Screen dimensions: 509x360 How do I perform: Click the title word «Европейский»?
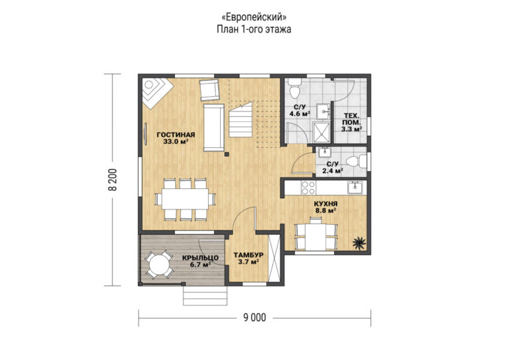pyautogui.click(x=254, y=17)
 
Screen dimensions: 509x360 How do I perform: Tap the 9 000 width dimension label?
pyautogui.click(x=254, y=318)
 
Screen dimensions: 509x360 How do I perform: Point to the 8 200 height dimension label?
pyautogui.click(x=113, y=180)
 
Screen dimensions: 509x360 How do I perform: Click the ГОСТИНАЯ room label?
pyautogui.click(x=176, y=135)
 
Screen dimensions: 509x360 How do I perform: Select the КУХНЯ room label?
pyautogui.click(x=325, y=204)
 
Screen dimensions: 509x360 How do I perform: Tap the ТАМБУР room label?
pyautogui.click(x=249, y=255)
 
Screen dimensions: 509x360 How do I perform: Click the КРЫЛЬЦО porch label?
pyautogui.click(x=200, y=258)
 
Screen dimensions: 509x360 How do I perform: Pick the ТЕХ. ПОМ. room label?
pyautogui.click(x=351, y=119)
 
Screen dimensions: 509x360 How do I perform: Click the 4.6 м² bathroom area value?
pyautogui.click(x=300, y=114)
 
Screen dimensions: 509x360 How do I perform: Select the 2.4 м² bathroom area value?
pyautogui.click(x=333, y=171)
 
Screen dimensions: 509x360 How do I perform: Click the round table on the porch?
pyautogui.click(x=159, y=265)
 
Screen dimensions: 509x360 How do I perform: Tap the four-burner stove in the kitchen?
pyautogui.click(x=308, y=188)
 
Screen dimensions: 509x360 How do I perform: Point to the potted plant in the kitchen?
pyautogui.click(x=359, y=242)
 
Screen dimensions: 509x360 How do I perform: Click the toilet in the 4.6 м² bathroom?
pyautogui.click(x=295, y=88)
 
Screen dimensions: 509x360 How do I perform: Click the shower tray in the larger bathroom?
pyautogui.click(x=321, y=132)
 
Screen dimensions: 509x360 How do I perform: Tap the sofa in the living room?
pyautogui.click(x=213, y=127)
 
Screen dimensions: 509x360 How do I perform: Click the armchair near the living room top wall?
pyautogui.click(x=209, y=90)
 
